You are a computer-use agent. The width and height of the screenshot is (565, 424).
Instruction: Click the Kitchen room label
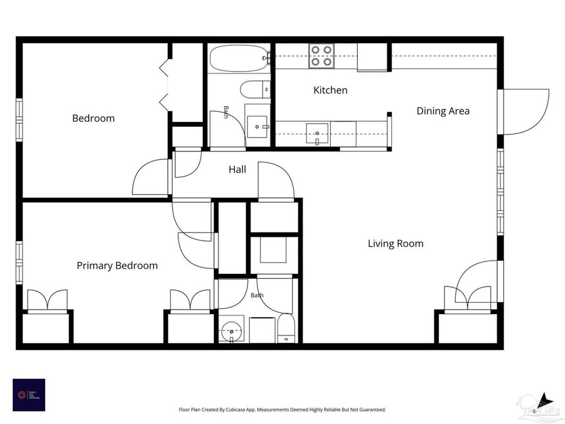pos(330,90)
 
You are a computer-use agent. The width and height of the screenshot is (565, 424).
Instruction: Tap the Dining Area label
pos(443,111)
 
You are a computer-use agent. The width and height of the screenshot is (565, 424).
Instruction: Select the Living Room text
pos(395,244)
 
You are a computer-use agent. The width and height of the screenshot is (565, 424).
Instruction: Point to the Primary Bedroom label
pos(117,266)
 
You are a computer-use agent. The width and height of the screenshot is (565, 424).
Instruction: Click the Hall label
pos(237,170)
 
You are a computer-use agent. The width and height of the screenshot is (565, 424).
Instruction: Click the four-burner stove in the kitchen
pos(321,56)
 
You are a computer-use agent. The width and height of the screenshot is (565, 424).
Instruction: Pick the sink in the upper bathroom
pos(257,126)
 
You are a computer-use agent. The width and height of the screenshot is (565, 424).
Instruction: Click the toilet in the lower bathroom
pos(286,329)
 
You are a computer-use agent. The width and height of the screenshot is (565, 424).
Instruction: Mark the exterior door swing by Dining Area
pos(526,112)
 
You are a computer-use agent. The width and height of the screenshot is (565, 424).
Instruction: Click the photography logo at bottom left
pos(29,394)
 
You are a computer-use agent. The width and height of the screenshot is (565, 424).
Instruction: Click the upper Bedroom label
pos(94,118)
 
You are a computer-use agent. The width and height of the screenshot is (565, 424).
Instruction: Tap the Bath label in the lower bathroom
pos(257,295)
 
